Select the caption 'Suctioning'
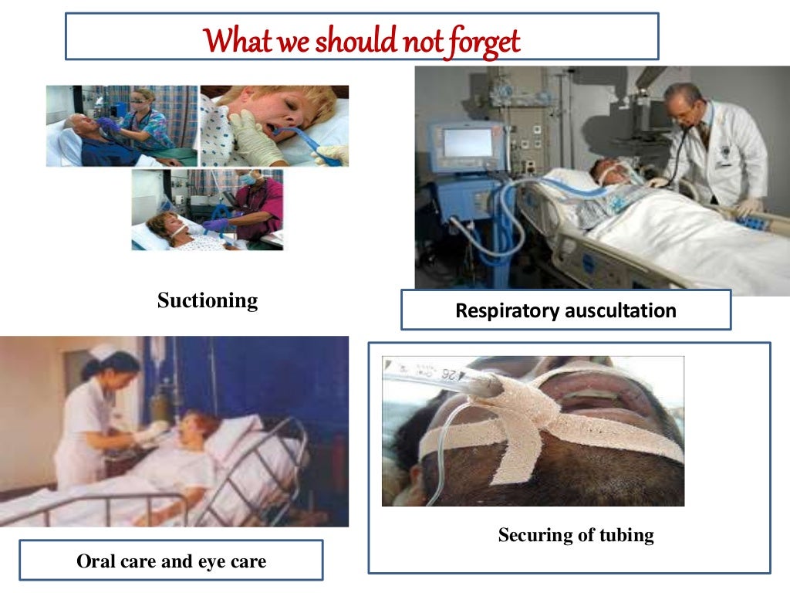[207, 300]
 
